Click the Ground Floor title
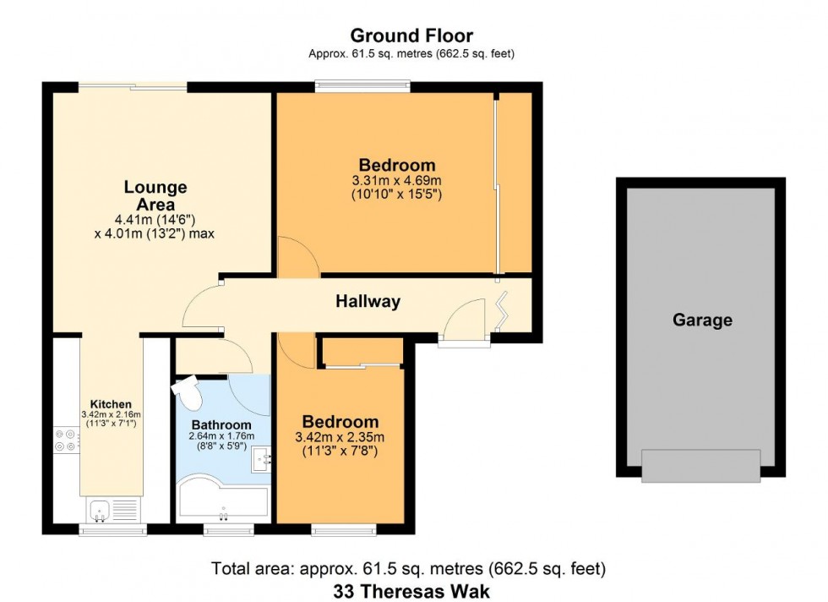(411, 36)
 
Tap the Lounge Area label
(155, 195)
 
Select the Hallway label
(368, 301)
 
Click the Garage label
(702, 320)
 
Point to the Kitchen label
(111, 404)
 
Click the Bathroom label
(221, 424)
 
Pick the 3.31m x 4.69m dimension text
(397, 181)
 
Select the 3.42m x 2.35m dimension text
(340, 437)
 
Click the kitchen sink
(99, 510)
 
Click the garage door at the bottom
(700, 466)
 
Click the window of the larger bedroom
(362, 85)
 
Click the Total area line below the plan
(409, 569)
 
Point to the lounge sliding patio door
(132, 85)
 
